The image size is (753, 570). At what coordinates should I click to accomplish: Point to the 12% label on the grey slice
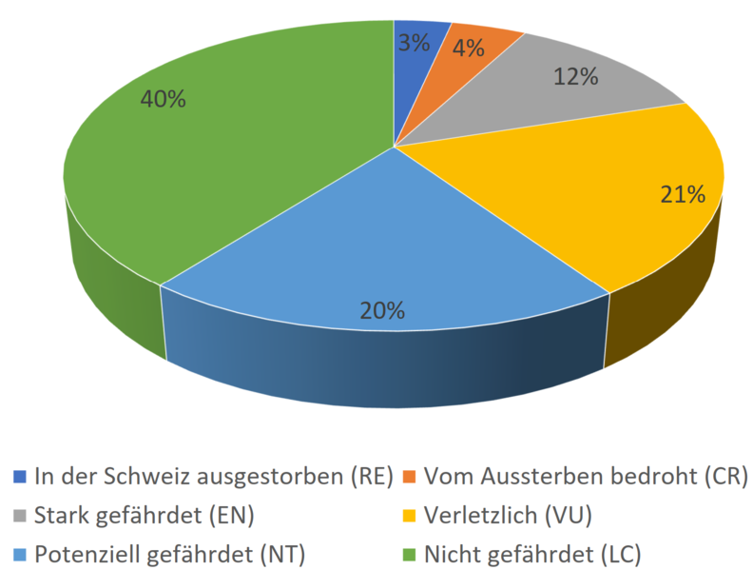(576, 77)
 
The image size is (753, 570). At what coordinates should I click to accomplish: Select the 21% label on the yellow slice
(683, 195)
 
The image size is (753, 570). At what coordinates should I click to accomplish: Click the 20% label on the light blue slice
(383, 310)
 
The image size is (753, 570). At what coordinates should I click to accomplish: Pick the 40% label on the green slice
(163, 98)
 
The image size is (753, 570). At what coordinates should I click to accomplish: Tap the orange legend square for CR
(410, 475)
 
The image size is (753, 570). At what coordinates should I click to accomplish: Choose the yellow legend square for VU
(410, 515)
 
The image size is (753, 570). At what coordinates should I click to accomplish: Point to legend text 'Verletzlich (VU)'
(508, 515)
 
